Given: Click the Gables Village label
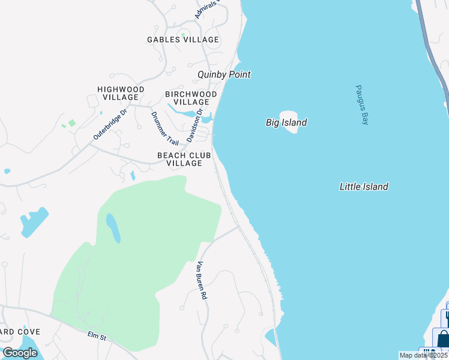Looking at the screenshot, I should tap(183, 40).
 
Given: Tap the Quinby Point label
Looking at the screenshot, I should tap(224, 75).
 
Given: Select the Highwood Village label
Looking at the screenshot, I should tap(121, 93).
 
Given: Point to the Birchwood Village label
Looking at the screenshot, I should tap(191, 98).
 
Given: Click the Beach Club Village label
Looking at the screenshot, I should tap(184, 159).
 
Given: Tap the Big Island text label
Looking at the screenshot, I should tap(286, 123).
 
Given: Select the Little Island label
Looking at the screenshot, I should tap(364, 187).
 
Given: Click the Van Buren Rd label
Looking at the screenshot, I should tap(202, 280).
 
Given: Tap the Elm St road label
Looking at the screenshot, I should tap(96, 337).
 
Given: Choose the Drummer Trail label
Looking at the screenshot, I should tap(165, 128).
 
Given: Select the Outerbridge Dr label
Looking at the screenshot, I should tap(110, 125).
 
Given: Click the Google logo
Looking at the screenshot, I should tap(20, 352).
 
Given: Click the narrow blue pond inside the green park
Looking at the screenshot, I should tap(113, 227).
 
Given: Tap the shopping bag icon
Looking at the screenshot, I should tap(444, 339).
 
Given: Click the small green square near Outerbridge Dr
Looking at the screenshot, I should tap(72, 123).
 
